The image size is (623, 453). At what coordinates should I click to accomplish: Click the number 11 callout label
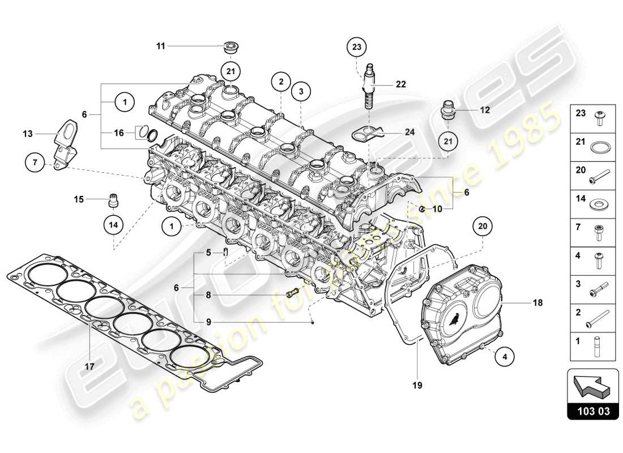(x=161, y=46)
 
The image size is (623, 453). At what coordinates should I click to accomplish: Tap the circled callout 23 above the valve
(x=356, y=47)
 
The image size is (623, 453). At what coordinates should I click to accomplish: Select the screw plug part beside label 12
(x=449, y=110)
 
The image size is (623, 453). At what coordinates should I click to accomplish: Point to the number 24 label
(x=410, y=133)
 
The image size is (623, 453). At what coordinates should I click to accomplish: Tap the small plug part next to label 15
(x=114, y=199)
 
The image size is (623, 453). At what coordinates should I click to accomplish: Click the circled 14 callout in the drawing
(x=113, y=224)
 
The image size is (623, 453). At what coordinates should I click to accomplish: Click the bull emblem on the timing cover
(x=455, y=321)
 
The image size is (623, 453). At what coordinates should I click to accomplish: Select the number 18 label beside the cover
(x=537, y=303)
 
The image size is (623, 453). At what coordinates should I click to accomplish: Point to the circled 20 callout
(x=483, y=227)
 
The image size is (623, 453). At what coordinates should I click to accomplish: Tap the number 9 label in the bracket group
(x=208, y=322)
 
